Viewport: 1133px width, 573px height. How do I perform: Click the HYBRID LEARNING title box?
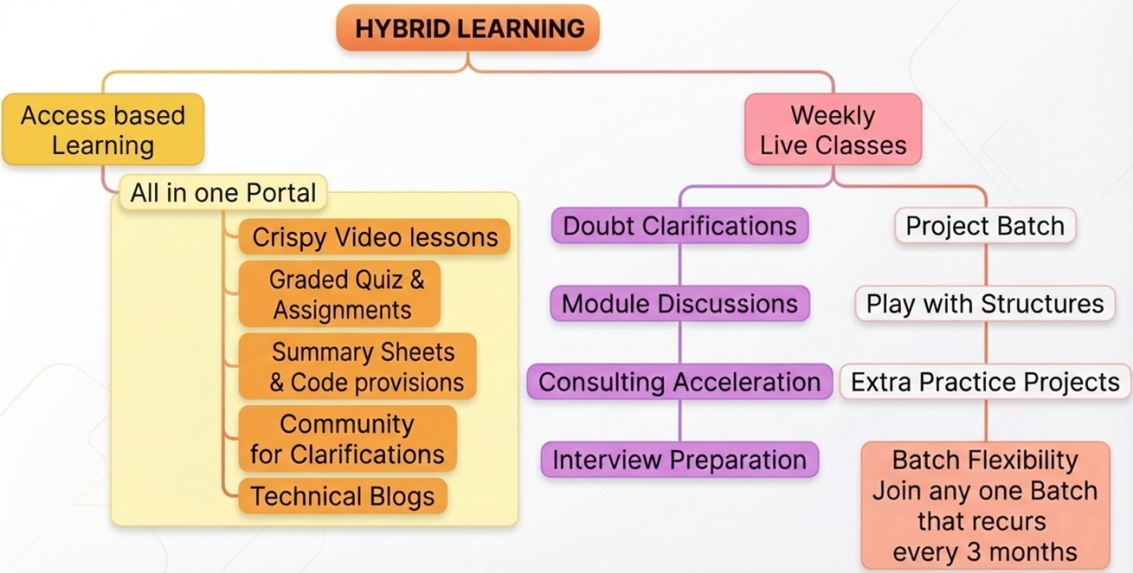coord(468,27)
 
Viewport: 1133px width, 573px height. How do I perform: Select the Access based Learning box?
coord(104,129)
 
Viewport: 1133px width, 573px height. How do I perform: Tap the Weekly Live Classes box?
coord(833,129)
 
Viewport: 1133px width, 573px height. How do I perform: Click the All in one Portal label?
coord(223,193)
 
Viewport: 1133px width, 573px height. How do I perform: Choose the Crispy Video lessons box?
coord(374,236)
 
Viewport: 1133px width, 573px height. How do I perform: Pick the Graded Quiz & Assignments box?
coord(339,294)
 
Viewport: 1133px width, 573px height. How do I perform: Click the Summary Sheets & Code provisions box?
coord(358,367)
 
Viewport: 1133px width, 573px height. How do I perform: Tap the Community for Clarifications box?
coord(348,439)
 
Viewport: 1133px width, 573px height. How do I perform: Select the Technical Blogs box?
coord(343,496)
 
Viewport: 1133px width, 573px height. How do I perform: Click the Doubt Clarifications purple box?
coord(680,226)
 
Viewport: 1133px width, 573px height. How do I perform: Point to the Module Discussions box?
coord(680,304)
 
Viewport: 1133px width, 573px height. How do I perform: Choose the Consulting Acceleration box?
coord(680,382)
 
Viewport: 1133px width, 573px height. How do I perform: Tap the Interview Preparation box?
coord(680,460)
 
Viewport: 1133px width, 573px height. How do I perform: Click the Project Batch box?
coord(985,226)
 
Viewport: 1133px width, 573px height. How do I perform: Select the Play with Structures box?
coord(985,304)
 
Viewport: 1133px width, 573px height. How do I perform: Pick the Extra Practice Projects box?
coord(985,382)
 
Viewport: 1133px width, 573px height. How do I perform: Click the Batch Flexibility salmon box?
coord(985,506)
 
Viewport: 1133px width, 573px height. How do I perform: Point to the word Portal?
coord(281,193)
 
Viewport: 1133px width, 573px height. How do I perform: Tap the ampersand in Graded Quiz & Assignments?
coord(417,279)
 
